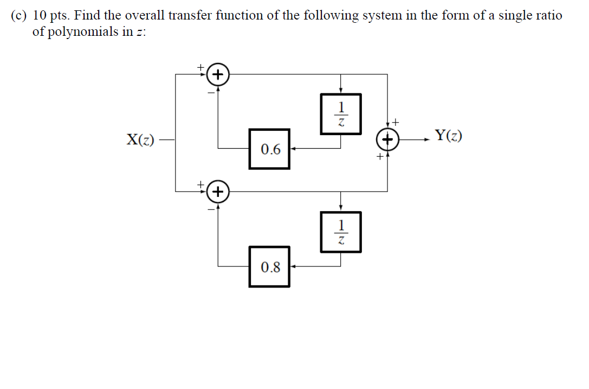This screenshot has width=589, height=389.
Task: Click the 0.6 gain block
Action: pos(269,149)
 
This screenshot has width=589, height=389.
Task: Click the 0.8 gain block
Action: pos(269,266)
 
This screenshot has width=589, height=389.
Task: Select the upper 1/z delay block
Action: pos(340,113)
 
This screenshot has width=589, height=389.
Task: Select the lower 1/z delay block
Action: pos(340,232)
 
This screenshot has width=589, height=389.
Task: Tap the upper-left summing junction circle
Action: pos(218,74)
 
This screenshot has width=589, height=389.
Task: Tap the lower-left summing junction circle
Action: pos(218,192)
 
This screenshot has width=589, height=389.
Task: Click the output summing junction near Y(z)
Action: pos(387,139)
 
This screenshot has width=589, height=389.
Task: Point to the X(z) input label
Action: pos(140,140)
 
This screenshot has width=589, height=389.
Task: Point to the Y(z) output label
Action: pos(448,136)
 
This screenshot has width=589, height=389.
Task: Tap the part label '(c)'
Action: pos(19,15)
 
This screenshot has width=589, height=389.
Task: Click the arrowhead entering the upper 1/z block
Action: pos(340,91)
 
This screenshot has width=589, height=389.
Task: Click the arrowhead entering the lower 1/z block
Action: pos(340,208)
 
